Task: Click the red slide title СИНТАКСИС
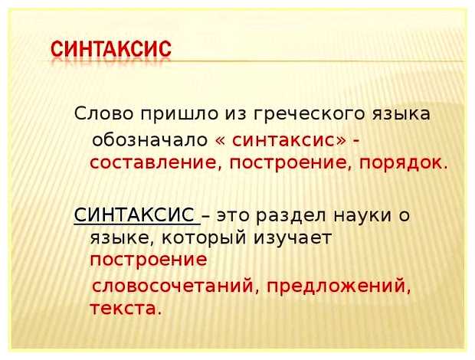[x=111, y=48]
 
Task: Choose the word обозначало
[x=150, y=140]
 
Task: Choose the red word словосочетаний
[x=164, y=286]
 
